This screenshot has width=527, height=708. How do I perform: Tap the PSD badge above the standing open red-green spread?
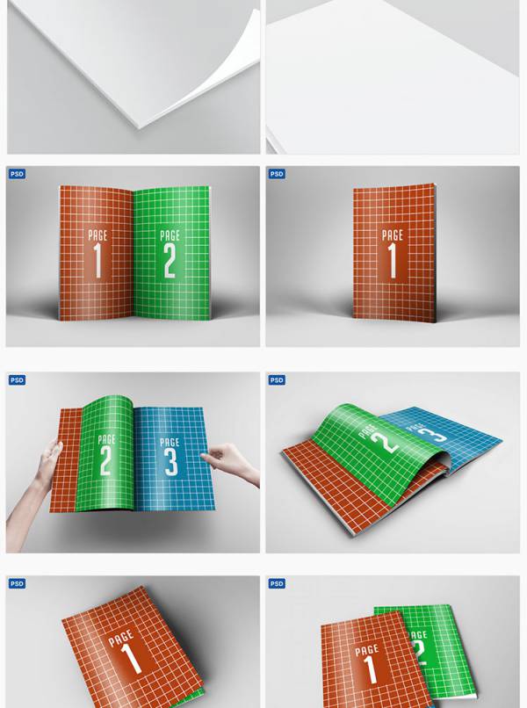[x=17, y=174]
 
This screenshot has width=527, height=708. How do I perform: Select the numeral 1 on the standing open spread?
[x=97, y=261]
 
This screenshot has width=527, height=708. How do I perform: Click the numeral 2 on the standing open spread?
[x=170, y=261]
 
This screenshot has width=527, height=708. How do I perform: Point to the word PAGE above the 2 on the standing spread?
[x=170, y=235]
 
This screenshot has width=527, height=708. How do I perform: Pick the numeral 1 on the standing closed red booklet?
[x=392, y=261]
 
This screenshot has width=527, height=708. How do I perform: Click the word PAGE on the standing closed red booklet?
[x=392, y=235]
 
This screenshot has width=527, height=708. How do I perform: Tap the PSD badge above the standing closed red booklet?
[x=277, y=174]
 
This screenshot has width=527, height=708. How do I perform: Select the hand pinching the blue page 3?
[x=230, y=463]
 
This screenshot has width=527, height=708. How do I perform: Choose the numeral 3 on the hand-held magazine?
[x=170, y=462]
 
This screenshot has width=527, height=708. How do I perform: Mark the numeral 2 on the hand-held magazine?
[x=105, y=460]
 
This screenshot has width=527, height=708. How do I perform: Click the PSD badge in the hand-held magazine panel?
[x=17, y=380]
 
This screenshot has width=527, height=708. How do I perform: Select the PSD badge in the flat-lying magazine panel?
[x=277, y=380]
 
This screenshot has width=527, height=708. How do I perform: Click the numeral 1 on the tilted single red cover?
[x=132, y=658]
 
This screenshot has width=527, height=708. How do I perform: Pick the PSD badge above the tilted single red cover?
[x=17, y=584]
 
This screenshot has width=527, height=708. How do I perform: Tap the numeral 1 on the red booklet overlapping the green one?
[x=371, y=669]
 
